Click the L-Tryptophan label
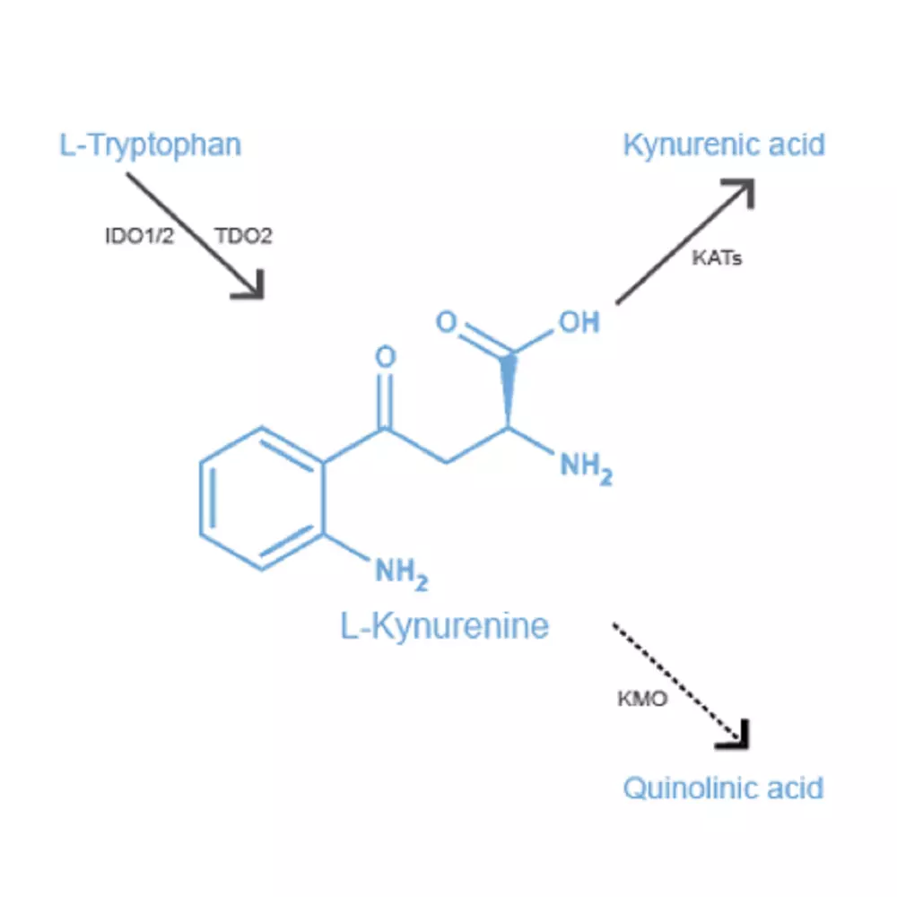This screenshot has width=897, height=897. (151, 145)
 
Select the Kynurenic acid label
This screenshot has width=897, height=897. (724, 144)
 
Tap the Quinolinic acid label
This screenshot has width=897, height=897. (723, 788)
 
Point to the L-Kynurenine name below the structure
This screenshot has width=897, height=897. (445, 626)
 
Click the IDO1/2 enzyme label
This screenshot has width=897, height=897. (139, 236)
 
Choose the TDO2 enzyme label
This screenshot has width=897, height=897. (243, 236)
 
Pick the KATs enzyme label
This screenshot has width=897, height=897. (717, 258)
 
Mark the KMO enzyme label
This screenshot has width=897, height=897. (642, 699)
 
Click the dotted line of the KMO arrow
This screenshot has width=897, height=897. (676, 680)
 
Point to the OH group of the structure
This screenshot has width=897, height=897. (579, 322)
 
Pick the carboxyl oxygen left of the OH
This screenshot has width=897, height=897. (446, 321)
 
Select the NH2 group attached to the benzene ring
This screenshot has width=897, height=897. (402, 574)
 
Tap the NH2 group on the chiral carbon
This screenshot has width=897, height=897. (587, 468)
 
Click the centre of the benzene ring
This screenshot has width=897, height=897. (262, 498)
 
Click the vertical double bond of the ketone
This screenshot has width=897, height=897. (386, 400)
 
